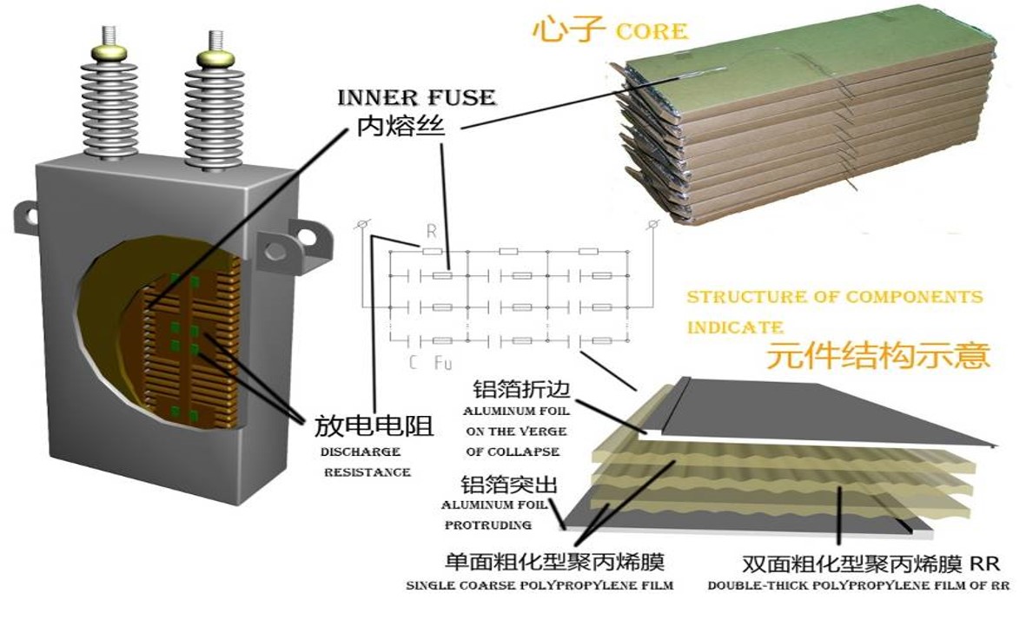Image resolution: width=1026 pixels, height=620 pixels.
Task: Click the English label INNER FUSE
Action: [416, 96]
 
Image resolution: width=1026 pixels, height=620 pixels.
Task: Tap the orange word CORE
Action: [651, 32]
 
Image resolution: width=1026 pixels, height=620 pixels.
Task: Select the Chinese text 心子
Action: [568, 30]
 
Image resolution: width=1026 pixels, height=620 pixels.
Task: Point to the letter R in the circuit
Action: [432, 233]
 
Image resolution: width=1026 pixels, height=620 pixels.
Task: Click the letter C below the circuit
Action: [414, 362]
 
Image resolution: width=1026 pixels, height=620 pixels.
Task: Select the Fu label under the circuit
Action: [442, 362]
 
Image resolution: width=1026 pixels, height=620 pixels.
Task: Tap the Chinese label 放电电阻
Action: [373, 426]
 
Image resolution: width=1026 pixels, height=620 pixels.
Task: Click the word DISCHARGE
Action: [361, 452]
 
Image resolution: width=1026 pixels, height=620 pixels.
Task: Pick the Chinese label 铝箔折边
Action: [521, 388]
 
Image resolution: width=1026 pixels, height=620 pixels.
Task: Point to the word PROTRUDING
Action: [487, 525]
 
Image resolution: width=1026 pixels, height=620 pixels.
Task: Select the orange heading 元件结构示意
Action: [877, 356]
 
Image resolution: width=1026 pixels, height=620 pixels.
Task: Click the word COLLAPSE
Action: [526, 452]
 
